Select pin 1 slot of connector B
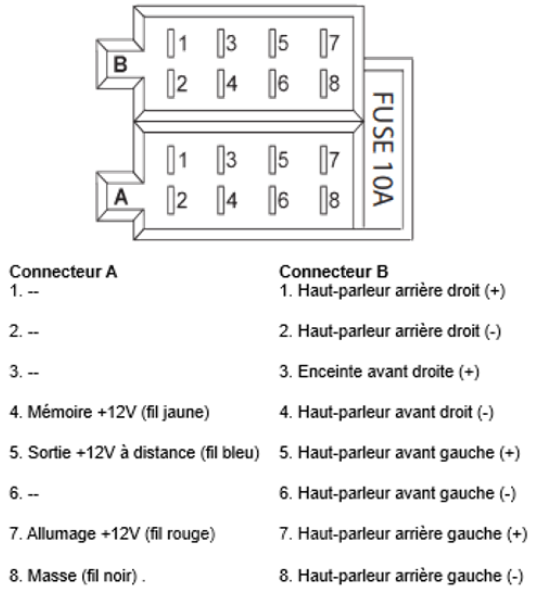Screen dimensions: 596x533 point(170,42)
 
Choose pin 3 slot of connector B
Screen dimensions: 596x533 point(221,42)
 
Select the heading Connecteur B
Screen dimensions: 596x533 point(326,271)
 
